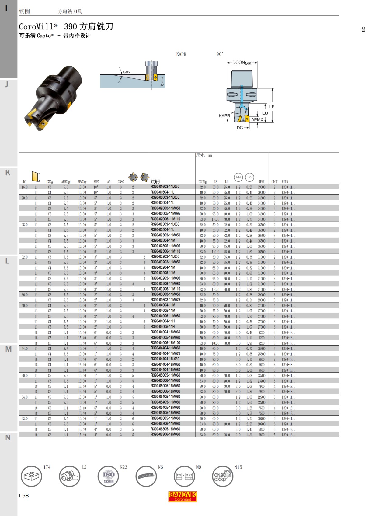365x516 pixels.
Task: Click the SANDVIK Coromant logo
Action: point(183,497)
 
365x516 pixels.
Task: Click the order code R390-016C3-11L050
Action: point(165,187)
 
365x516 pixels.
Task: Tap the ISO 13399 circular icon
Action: point(108,476)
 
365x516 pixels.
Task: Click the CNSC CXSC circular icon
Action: point(222,476)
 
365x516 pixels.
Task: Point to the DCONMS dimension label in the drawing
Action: point(242,63)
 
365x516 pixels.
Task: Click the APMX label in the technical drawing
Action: point(257,120)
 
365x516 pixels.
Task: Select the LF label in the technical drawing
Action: point(272,107)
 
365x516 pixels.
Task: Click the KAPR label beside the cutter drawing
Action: point(224,115)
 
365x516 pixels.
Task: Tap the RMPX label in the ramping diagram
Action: point(126,72)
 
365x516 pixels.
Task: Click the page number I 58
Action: point(24,496)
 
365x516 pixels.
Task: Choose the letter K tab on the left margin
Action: point(8,173)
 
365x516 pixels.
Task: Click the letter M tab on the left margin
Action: point(8,349)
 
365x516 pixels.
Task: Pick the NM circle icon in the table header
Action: point(238,177)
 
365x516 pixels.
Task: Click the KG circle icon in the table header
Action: point(249,177)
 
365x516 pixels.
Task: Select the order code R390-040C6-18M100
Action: point(165,343)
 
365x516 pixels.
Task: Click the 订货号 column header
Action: point(155,181)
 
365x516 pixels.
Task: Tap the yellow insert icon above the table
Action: point(36,176)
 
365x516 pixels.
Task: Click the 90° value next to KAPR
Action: point(220,54)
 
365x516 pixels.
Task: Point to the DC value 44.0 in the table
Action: point(25,349)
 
